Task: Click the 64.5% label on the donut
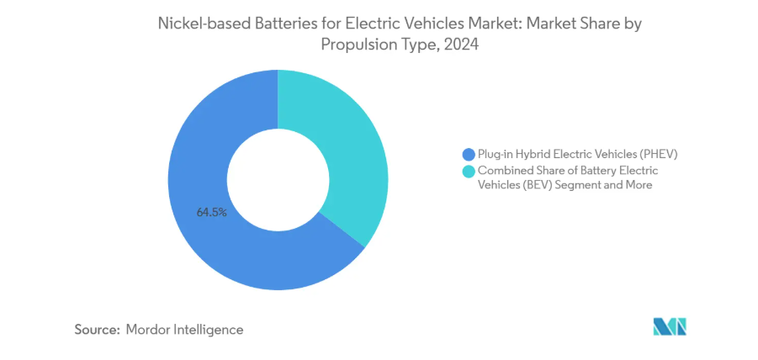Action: [211, 213]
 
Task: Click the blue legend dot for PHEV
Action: [469, 155]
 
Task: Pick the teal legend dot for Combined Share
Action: [469, 172]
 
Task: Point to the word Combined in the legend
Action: [503, 170]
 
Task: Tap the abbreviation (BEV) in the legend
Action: [536, 184]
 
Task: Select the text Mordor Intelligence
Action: [184, 330]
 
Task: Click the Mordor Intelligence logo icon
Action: [670, 326]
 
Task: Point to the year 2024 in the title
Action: [462, 46]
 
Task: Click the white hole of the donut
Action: [278, 180]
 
